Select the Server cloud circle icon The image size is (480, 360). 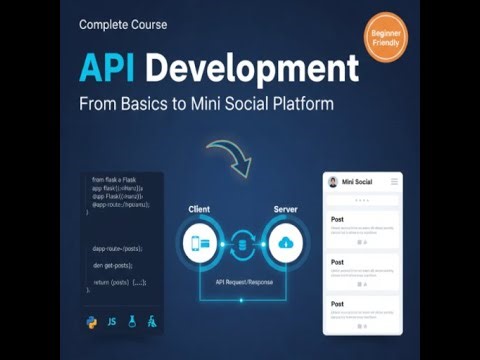pyautogui.click(x=286, y=243)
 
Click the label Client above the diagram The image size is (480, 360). pyautogui.click(x=198, y=210)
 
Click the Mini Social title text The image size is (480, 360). pyautogui.click(x=358, y=182)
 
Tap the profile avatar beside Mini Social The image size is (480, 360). pyautogui.click(x=332, y=182)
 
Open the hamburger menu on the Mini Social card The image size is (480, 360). pyautogui.click(x=394, y=181)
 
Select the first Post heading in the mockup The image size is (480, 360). pyautogui.click(x=337, y=217)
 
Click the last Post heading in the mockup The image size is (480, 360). pyautogui.click(x=337, y=302)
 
